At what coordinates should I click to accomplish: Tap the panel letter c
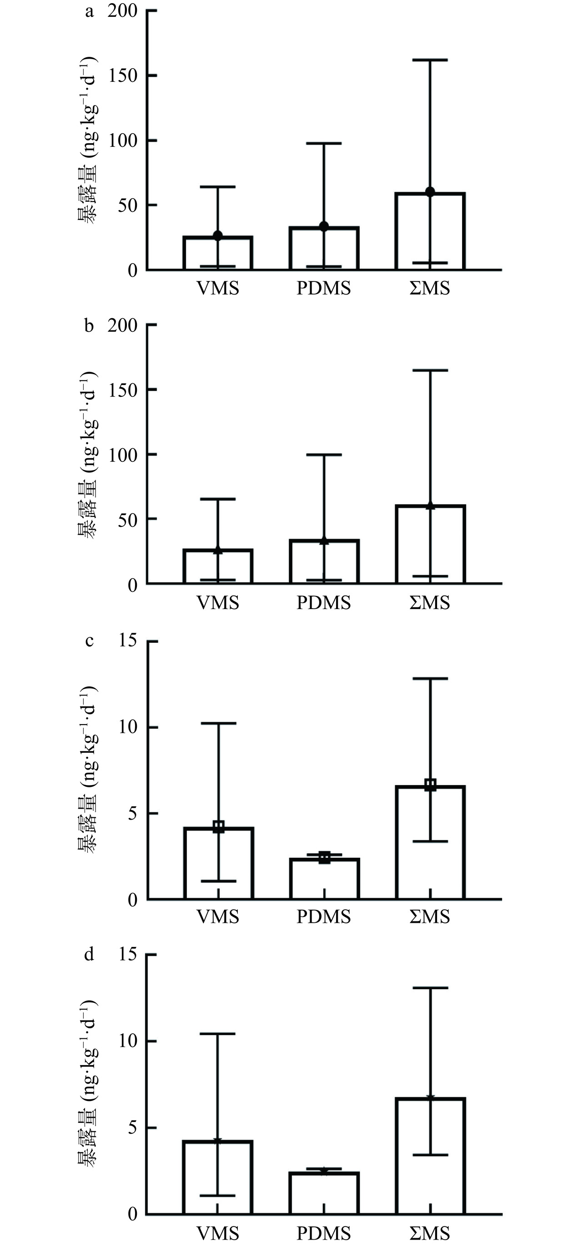click(89, 641)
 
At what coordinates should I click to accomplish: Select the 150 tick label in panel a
click(122, 76)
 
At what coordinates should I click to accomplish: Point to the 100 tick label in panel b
click(122, 455)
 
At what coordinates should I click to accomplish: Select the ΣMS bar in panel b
click(430, 544)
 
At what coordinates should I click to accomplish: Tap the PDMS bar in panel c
click(324, 878)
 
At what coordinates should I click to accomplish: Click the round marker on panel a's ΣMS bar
click(430, 191)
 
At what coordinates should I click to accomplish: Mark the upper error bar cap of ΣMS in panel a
click(430, 60)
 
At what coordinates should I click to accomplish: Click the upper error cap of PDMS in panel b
click(324, 455)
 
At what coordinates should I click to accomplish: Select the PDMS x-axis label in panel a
click(323, 289)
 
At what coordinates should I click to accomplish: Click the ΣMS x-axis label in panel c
click(430, 916)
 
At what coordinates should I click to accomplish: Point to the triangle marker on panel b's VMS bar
click(218, 550)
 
